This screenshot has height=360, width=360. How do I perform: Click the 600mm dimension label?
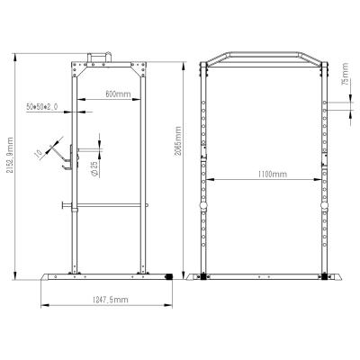116,93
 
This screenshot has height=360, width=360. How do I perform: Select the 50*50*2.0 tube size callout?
42,107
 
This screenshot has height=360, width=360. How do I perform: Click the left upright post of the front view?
204,171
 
